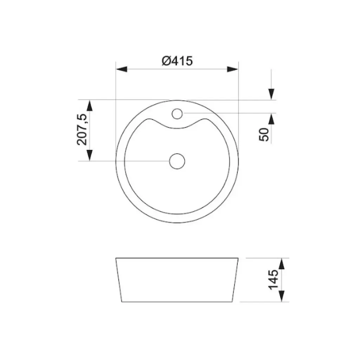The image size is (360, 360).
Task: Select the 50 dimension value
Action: coord(264,134)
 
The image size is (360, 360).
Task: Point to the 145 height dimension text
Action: coord(273,280)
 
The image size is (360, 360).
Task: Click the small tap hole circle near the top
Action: coord(177,113)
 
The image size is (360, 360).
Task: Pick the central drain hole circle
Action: coord(177,161)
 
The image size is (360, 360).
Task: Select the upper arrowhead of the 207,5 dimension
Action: coord(90,106)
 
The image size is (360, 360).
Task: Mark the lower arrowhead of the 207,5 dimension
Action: coord(90,155)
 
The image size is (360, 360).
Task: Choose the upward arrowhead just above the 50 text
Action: coord(271,119)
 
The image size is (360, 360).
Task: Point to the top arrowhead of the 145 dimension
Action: coord(282,264)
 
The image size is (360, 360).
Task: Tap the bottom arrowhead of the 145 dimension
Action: coord(282,296)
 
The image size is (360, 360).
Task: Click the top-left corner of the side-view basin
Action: coord(116,258)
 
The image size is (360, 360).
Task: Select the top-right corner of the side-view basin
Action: coord(239,258)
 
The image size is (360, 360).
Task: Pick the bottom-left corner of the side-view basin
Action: coord(122,302)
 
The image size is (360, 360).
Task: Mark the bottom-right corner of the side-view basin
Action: coord(233,302)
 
